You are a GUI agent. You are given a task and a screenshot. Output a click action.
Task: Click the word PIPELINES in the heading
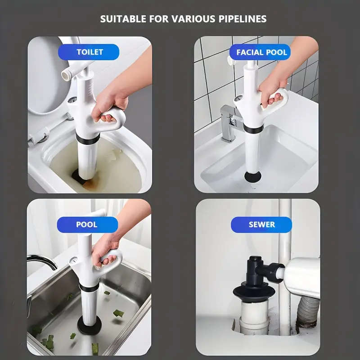tap(240, 19)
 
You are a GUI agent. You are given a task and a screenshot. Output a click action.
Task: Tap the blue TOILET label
tap(90, 52)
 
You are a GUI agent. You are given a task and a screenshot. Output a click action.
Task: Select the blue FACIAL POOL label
tap(261, 52)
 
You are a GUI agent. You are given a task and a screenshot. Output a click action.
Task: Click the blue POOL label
tap(87, 225)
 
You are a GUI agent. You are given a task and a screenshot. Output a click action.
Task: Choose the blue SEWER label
tap(261, 225)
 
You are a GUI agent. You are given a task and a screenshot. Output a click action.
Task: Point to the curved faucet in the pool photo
tap(43, 261)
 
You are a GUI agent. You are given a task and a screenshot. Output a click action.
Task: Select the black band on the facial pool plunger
tap(253, 129)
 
